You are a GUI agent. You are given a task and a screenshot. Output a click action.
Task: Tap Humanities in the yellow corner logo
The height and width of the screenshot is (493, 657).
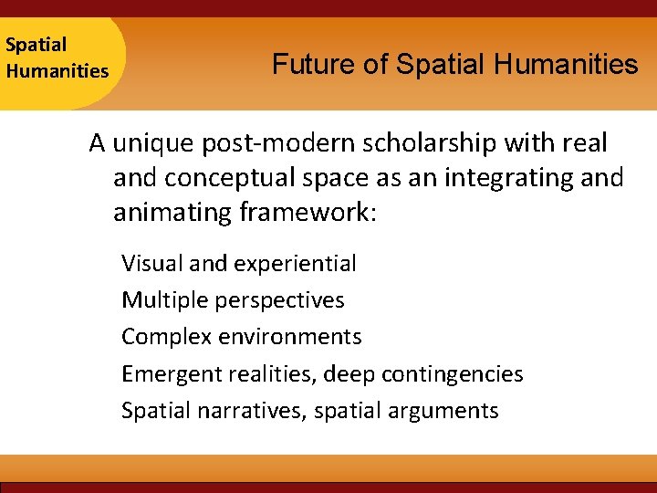57,70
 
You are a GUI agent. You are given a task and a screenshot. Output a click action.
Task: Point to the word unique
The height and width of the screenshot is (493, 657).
151,143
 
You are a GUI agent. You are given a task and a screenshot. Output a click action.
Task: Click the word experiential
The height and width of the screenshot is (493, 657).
295,264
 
